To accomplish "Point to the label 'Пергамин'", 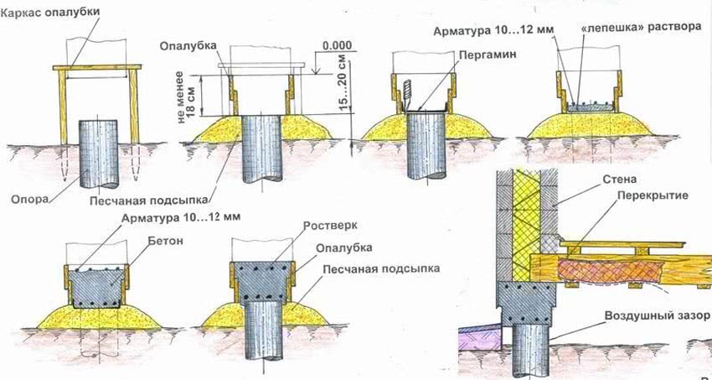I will tap(482, 52).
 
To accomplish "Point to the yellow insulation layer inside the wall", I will tap(524, 218).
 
